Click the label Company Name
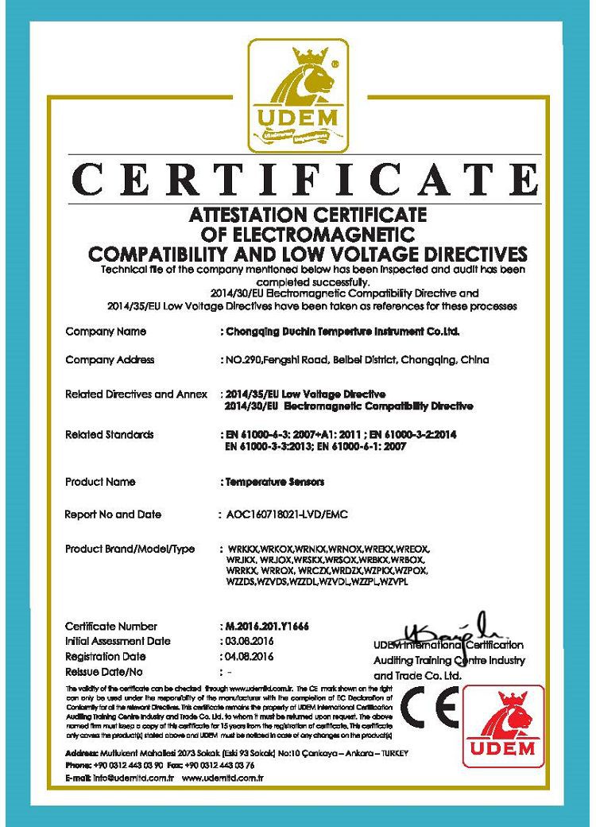(x=105, y=331)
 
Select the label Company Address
(x=110, y=360)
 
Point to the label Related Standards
(x=110, y=435)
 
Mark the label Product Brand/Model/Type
(x=130, y=549)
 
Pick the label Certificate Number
(x=111, y=626)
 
